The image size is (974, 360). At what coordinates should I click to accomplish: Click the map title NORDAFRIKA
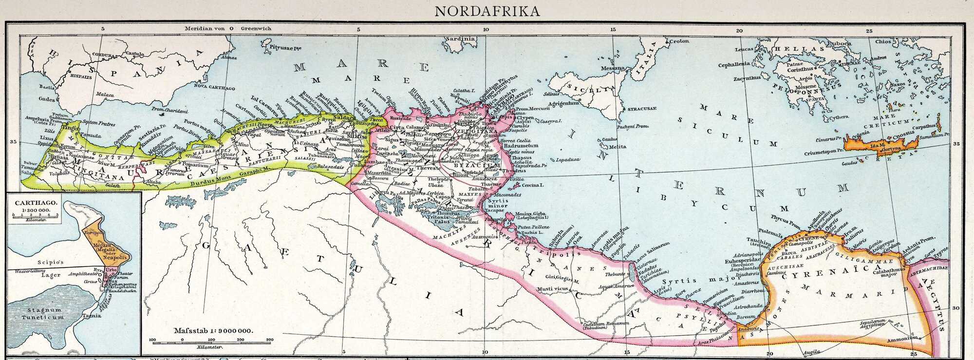click(x=487, y=10)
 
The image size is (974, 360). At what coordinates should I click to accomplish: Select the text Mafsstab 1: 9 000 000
click(x=213, y=331)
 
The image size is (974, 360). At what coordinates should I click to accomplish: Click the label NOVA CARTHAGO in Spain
click(x=215, y=89)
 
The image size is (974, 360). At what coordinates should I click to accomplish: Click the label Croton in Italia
click(x=679, y=41)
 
